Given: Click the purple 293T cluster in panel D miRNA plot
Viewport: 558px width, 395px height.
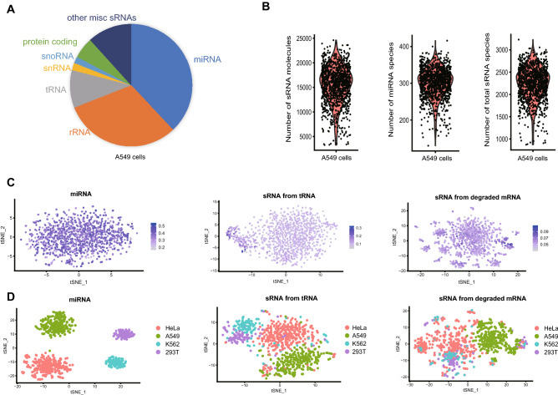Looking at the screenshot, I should coord(124,333).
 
